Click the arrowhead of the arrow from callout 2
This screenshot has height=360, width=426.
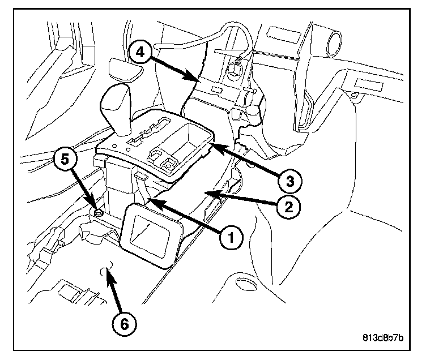coord(207,193)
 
